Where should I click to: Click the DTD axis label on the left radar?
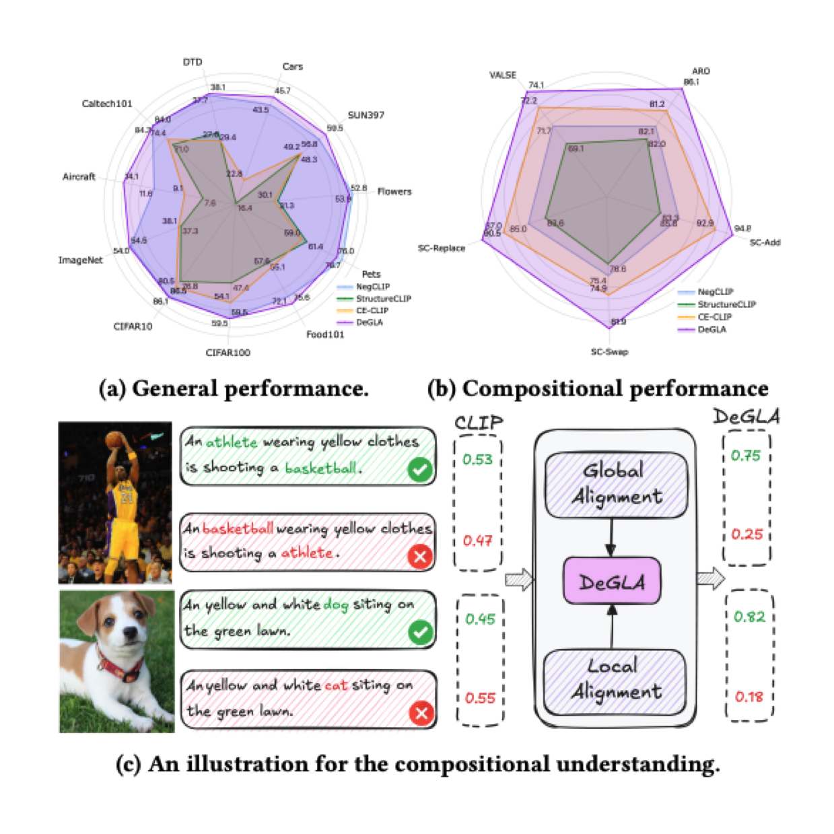click(193, 62)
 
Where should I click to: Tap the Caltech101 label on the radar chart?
click(107, 104)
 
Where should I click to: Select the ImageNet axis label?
click(81, 260)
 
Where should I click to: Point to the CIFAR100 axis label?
click(228, 352)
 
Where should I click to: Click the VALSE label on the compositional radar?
click(503, 75)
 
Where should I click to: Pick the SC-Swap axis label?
click(609, 351)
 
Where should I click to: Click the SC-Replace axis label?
click(441, 248)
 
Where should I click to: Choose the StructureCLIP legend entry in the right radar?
click(726, 304)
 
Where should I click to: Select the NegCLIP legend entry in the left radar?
click(372, 287)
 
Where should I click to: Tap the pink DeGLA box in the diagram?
click(611, 581)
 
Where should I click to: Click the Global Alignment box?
click(616, 483)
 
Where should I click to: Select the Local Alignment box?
click(615, 679)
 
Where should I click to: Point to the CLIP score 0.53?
click(477, 460)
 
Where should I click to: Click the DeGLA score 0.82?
click(749, 617)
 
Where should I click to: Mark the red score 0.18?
click(749, 697)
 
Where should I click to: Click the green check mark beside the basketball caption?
click(420, 469)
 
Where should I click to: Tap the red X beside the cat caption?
click(421, 713)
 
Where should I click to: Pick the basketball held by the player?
click(115, 440)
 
